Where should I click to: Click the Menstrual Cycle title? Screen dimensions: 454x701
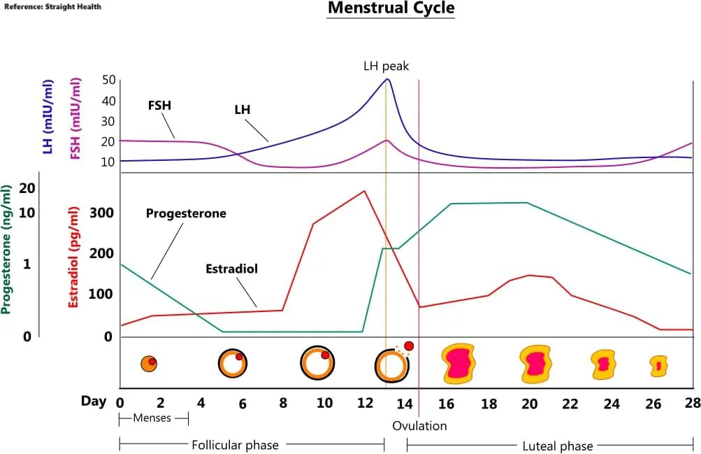pyautogui.click(x=391, y=9)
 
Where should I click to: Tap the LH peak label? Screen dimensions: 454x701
pyautogui.click(x=386, y=66)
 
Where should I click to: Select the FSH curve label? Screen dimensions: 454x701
pyautogui.click(x=159, y=106)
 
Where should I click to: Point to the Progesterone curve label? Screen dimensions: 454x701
pyautogui.click(x=186, y=213)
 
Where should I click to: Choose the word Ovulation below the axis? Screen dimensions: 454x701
pyautogui.click(x=419, y=425)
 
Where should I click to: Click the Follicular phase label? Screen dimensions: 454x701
pyautogui.click(x=235, y=445)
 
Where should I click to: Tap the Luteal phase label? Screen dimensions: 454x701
pyautogui.click(x=558, y=446)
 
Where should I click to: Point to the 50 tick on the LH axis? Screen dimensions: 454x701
pyautogui.click(x=108, y=80)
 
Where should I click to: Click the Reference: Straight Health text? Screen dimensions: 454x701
pyautogui.click(x=53, y=6)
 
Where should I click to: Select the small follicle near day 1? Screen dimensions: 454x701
pyautogui.click(x=148, y=364)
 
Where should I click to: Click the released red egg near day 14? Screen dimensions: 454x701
pyautogui.click(x=409, y=346)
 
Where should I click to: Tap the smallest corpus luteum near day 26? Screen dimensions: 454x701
pyautogui.click(x=658, y=365)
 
